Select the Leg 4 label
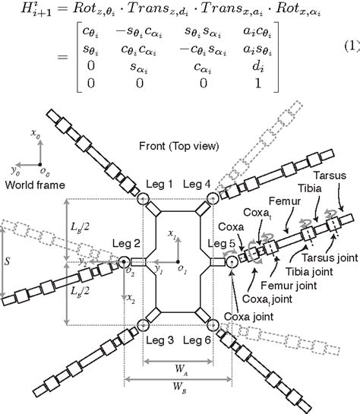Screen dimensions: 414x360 point(198,183)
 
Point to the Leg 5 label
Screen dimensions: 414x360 point(223,243)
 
